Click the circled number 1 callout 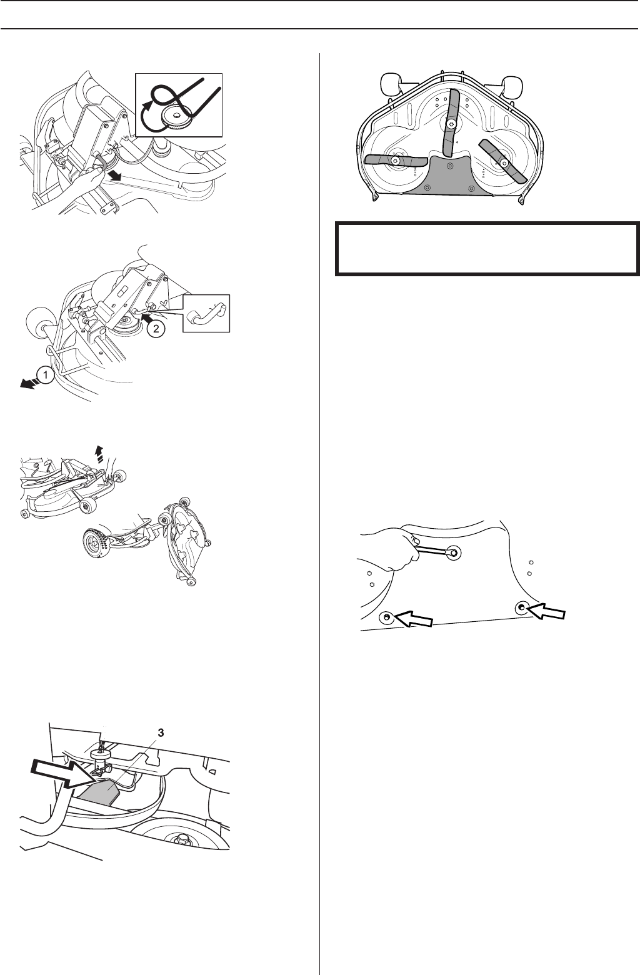pos(45,374)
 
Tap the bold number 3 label pos(161,733)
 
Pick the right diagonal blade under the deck pos(503,161)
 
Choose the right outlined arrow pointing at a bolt pos(546,610)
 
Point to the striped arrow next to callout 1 pos(28,382)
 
